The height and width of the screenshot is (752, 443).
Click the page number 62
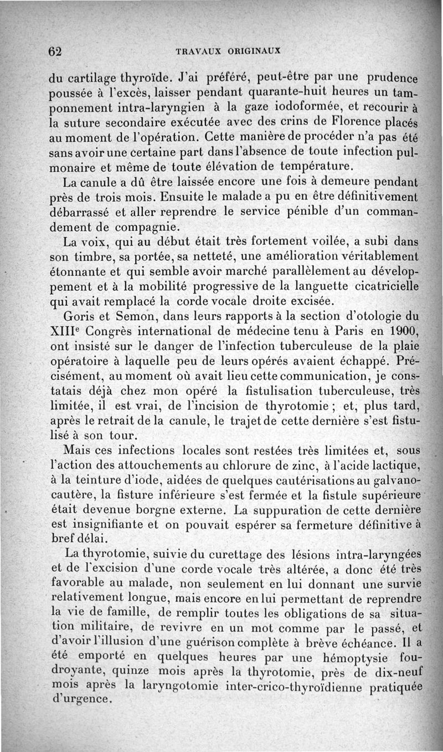[54, 50]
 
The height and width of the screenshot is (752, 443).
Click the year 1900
[399, 332]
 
